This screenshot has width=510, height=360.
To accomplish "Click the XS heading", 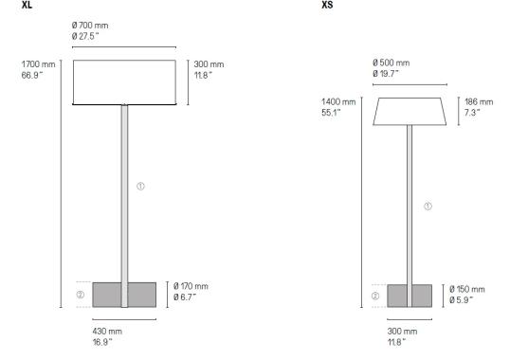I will pos(327,6).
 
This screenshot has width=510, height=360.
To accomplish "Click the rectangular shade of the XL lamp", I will pos(124,82).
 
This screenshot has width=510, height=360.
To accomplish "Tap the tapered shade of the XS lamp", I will pos(410,111).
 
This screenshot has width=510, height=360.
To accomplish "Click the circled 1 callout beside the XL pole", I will pos(140,186).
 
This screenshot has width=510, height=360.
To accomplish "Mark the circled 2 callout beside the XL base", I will pos(81,295).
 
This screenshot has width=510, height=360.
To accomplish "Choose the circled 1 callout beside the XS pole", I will pos(428,206).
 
